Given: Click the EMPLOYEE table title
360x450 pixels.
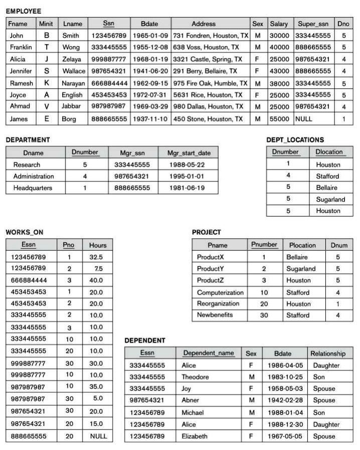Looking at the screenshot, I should [24, 11].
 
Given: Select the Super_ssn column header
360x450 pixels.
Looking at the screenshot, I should [313, 24].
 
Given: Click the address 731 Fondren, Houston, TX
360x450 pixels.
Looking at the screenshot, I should [211, 36].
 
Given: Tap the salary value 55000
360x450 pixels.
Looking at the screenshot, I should [279, 119].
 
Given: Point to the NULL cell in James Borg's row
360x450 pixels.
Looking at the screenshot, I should [303, 119].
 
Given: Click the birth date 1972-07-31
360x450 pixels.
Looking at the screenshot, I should [150, 95].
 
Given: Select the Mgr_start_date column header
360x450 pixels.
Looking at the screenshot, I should [189, 153].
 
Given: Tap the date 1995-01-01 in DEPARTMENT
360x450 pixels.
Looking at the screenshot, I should [187, 176].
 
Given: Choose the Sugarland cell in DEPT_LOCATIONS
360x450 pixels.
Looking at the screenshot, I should [330, 199].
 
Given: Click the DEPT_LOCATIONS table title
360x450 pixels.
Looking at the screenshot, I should [295, 140].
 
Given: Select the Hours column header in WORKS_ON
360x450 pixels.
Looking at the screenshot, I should [98, 245].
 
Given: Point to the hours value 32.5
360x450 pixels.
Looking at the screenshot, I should [96, 257].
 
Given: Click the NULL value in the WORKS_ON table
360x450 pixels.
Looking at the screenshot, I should [98, 436].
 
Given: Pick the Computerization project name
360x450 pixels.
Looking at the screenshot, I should [220, 293].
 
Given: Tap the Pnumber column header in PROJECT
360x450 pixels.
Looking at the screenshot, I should [264, 245].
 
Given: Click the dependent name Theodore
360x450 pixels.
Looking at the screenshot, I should [195, 377].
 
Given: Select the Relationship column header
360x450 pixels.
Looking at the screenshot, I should [328, 353].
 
